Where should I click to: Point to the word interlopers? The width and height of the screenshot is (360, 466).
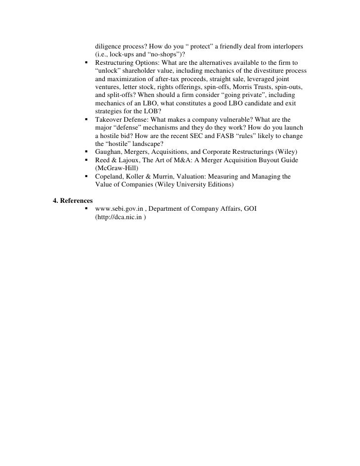[x=284, y=47]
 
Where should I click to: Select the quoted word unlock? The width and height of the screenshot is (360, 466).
[x=106, y=71]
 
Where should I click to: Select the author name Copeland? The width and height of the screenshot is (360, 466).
[x=110, y=176]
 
